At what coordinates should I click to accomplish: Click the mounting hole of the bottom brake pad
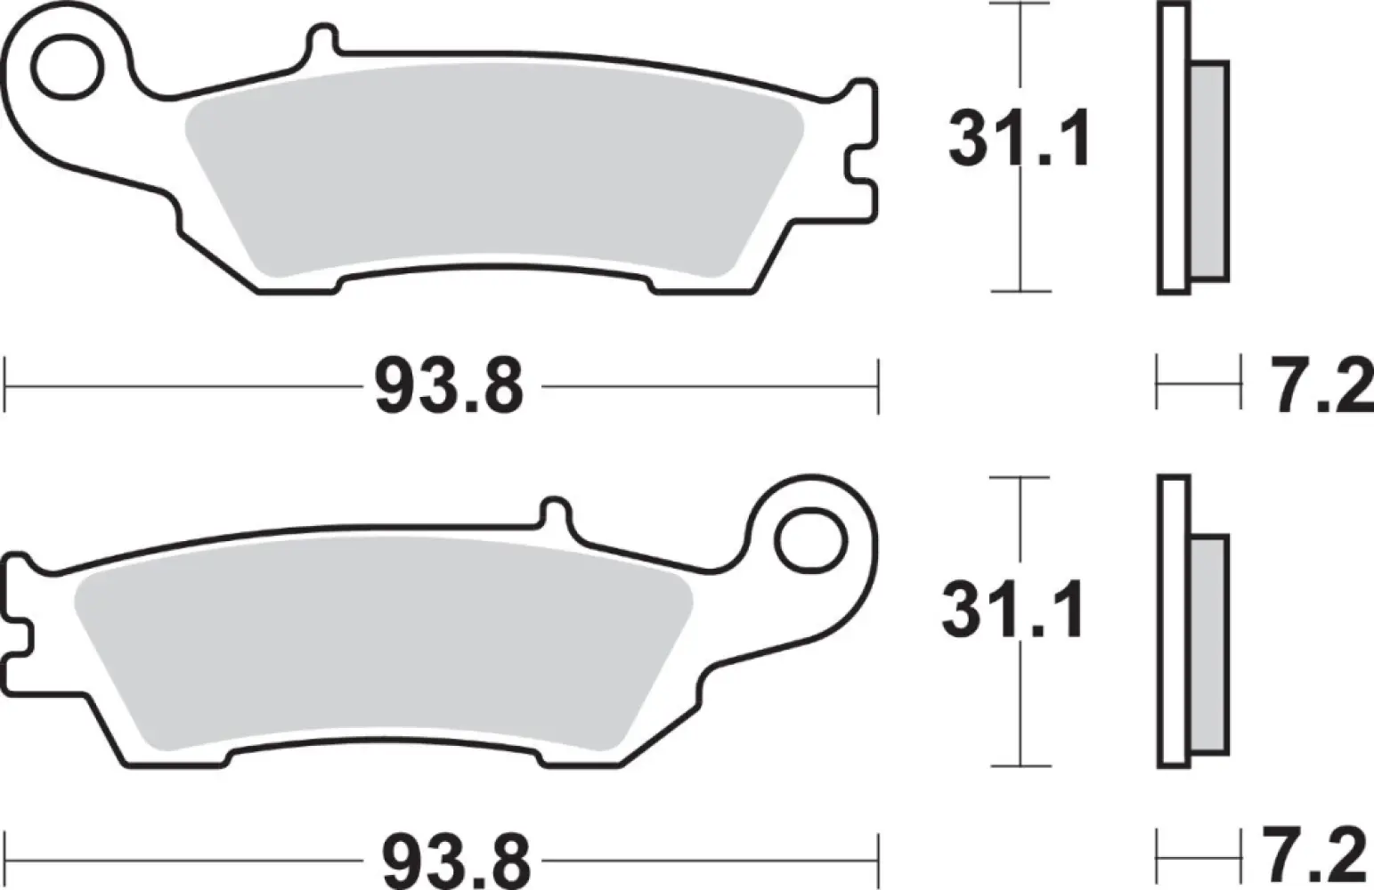(809, 539)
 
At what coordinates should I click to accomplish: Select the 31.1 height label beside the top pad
(1019, 142)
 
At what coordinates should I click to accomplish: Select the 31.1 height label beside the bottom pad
(1012, 611)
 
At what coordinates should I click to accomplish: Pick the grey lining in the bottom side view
(1209, 645)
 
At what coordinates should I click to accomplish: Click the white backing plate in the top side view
(1174, 148)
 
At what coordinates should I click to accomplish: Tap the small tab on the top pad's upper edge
(323, 41)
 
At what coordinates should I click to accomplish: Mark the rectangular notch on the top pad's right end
(858, 165)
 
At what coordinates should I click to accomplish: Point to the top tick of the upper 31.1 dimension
(1020, 5)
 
